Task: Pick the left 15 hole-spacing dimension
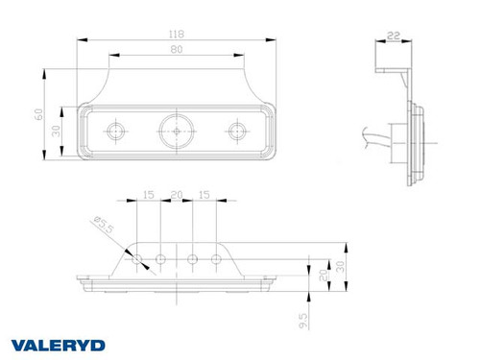tap(148, 196)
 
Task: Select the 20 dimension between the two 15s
tap(176, 196)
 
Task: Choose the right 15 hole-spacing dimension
tap(204, 196)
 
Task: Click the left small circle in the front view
tap(117, 129)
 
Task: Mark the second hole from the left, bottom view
tap(161, 257)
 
